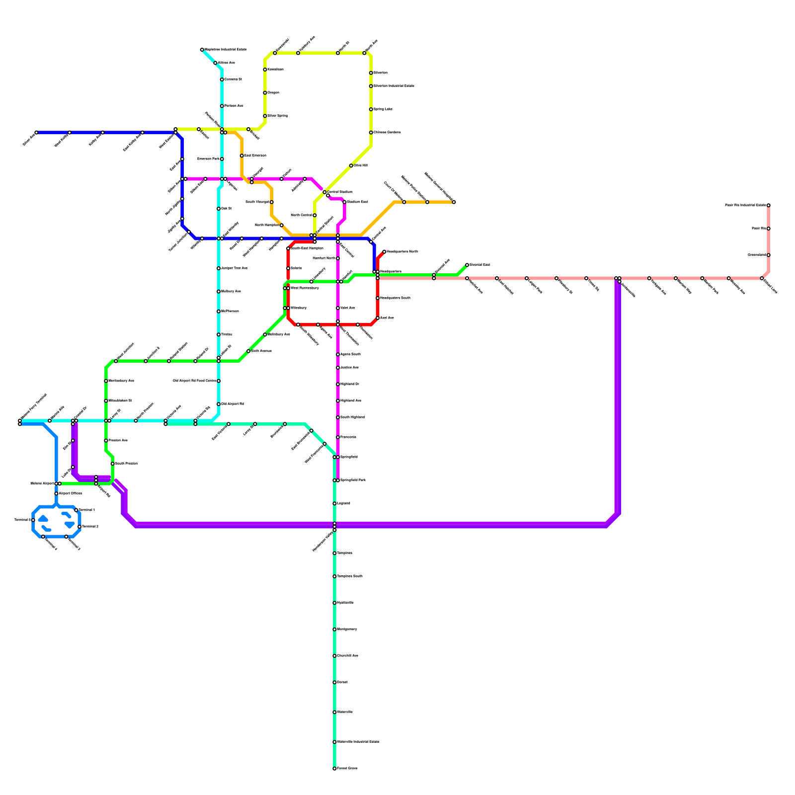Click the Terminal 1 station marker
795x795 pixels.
[76, 510]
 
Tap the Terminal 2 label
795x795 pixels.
[90, 527]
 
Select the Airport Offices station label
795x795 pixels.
[70, 493]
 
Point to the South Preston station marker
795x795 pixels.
[113, 464]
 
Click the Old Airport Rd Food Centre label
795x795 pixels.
[194, 381]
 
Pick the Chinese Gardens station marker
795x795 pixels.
[371, 133]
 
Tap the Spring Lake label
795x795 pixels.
[383, 109]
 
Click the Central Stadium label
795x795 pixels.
[340, 192]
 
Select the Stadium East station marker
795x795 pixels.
[344, 202]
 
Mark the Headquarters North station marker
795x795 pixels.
[384, 252]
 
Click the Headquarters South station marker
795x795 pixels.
[378, 298]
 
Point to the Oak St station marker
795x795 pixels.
[219, 209]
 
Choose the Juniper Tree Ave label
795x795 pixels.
[234, 268]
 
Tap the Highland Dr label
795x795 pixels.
[350, 384]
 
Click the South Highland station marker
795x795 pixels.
[338, 417]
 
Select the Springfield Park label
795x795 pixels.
[353, 480]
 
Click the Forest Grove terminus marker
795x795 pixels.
[334, 769]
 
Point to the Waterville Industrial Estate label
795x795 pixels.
[358, 742]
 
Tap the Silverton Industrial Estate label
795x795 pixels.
[394, 86]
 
